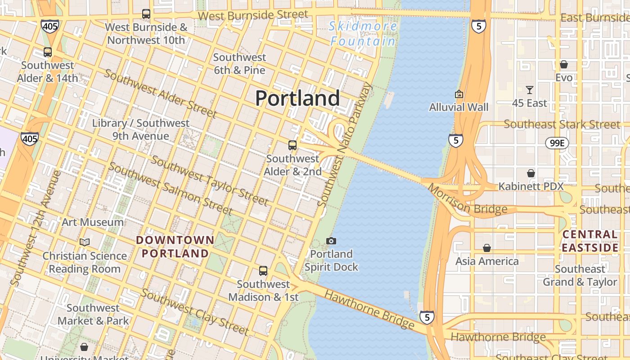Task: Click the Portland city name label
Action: pos(297,98)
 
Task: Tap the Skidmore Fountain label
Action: pos(363,34)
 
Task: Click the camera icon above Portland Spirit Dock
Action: pos(331,241)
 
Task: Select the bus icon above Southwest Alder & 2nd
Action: pos(292,145)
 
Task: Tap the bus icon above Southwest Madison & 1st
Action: pos(263,271)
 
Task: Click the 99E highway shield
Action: pos(557,144)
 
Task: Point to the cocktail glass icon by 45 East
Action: pos(530,90)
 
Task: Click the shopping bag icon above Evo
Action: pos(564,65)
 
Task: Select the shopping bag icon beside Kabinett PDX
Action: pos(531,173)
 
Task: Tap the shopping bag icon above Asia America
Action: pos(486,248)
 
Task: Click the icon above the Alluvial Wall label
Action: pos(459,94)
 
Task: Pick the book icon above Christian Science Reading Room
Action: pos(85,242)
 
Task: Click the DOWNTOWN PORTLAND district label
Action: pos(175,247)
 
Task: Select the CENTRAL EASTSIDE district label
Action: pos(590,241)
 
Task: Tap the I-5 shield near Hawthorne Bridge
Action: pos(427,317)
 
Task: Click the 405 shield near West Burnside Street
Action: pos(49,26)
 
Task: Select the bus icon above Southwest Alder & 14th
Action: pos(48,52)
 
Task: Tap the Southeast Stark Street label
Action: pos(562,124)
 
